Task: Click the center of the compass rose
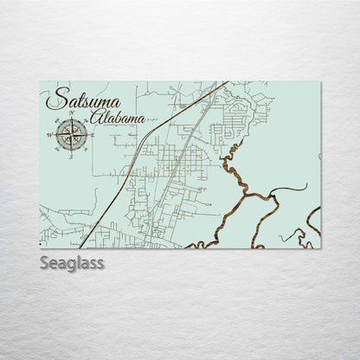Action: (72, 134)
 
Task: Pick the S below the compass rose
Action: (72, 155)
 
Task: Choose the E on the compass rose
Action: (91, 134)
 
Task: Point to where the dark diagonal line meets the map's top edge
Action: (228, 82)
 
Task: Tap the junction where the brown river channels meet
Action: (246, 199)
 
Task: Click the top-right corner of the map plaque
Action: (320, 81)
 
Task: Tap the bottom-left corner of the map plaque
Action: (40, 248)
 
